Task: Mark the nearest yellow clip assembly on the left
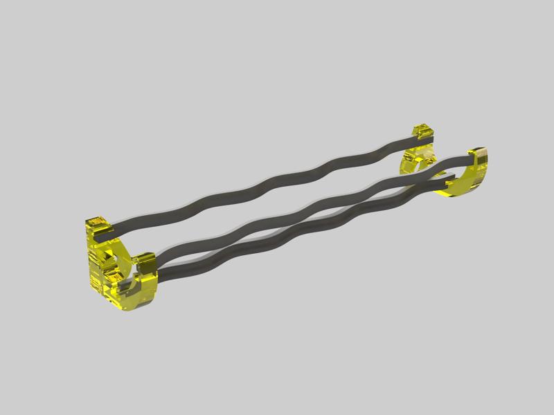[114, 266]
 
